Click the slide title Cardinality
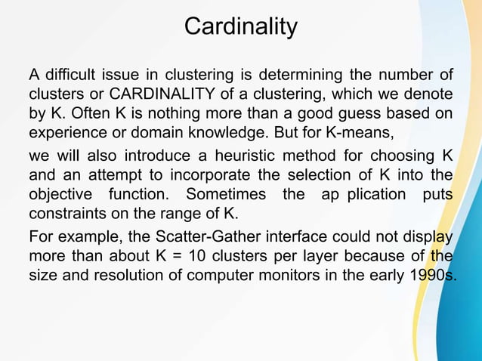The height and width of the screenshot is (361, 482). click(241, 27)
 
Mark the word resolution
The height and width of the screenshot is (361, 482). click(129, 272)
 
